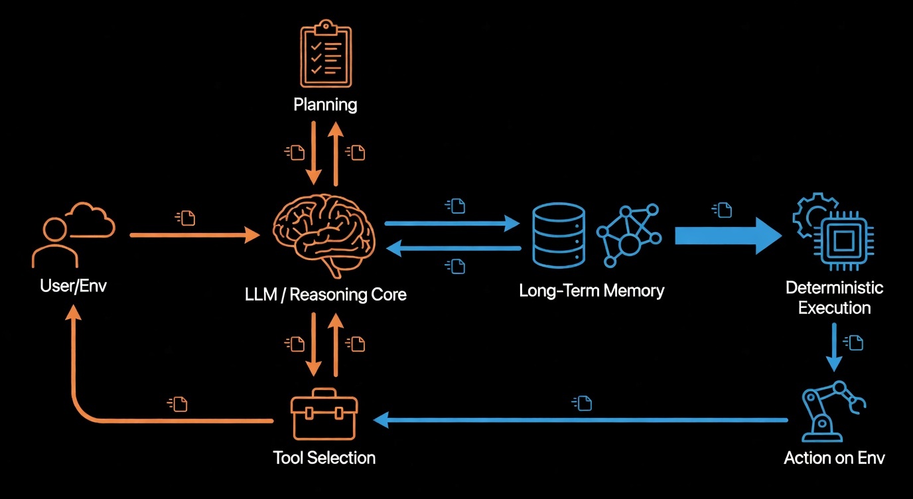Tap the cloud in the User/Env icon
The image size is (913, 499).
click(x=90, y=220)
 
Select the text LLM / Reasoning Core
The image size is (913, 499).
click(x=324, y=294)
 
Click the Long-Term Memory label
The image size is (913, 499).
click(x=591, y=291)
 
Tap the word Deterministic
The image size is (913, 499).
click(x=834, y=288)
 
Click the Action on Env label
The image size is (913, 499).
click(x=834, y=458)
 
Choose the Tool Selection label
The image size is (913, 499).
click(x=324, y=458)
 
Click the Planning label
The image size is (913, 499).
click(x=326, y=104)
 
